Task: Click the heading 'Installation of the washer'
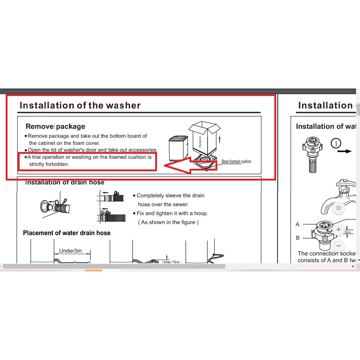tap(80, 105)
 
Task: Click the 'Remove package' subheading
tap(55, 126)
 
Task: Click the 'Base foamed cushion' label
tap(236, 162)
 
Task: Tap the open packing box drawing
tap(204, 137)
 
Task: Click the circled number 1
tap(336, 144)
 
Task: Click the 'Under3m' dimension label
tap(70, 251)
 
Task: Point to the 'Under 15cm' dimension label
tap(171, 262)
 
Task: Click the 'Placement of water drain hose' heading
tap(67, 233)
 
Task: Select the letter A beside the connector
tap(298, 224)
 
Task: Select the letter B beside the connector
tap(298, 238)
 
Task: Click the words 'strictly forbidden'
tap(49, 164)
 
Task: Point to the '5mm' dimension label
tap(348, 232)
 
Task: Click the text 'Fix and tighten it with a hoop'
tap(172, 213)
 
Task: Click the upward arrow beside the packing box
tap(219, 139)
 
